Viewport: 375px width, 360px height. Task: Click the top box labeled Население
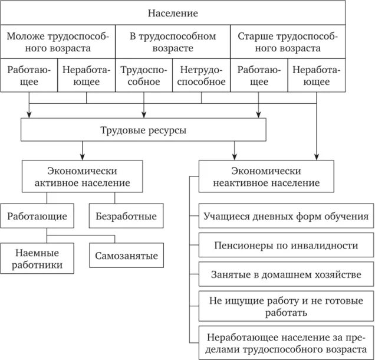tap(173, 13)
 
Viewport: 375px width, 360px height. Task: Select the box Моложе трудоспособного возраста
tap(58, 42)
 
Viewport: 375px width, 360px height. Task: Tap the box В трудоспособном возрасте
tap(173, 42)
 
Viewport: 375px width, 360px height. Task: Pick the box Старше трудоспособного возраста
tap(288, 42)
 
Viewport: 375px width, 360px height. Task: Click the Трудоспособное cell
tap(144, 76)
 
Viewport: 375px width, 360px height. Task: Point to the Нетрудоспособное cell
tap(202, 76)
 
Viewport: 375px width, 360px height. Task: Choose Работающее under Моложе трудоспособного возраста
tap(29, 76)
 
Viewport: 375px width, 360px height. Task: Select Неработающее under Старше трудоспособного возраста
tap(317, 76)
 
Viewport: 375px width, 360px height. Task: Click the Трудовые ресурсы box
tap(144, 130)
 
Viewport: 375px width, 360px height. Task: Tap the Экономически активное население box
tap(84, 177)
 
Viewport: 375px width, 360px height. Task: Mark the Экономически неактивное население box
tap(266, 177)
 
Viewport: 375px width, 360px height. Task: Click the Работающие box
tap(37, 217)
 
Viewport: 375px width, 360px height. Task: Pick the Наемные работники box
tap(37, 258)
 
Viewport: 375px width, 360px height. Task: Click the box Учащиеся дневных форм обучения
tap(286, 217)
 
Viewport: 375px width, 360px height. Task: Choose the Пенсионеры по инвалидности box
tap(286, 245)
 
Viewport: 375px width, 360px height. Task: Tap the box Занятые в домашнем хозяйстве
tap(286, 274)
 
